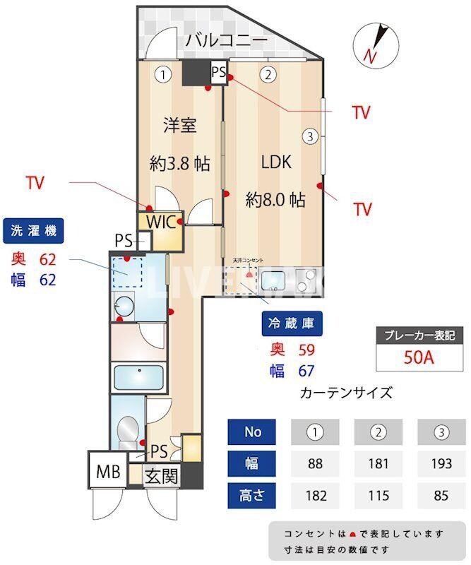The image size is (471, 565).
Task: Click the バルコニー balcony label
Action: click(x=227, y=40)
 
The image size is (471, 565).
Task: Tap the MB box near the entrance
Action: click(x=107, y=469)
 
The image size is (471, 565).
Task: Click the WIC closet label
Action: click(x=160, y=222)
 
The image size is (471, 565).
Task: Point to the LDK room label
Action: click(x=276, y=162)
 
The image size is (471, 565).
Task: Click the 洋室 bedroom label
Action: click(x=179, y=126)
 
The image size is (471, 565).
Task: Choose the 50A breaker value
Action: click(x=418, y=357)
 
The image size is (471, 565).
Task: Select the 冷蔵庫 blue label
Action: click(x=292, y=325)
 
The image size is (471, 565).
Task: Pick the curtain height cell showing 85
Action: click(x=441, y=495)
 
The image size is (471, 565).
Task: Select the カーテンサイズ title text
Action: click(x=346, y=393)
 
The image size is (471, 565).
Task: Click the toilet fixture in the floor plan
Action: click(x=129, y=428)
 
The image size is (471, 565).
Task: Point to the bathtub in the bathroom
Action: click(x=138, y=376)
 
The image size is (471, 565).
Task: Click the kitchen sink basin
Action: click(x=273, y=282)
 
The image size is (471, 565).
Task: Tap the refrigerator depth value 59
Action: click(x=306, y=349)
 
